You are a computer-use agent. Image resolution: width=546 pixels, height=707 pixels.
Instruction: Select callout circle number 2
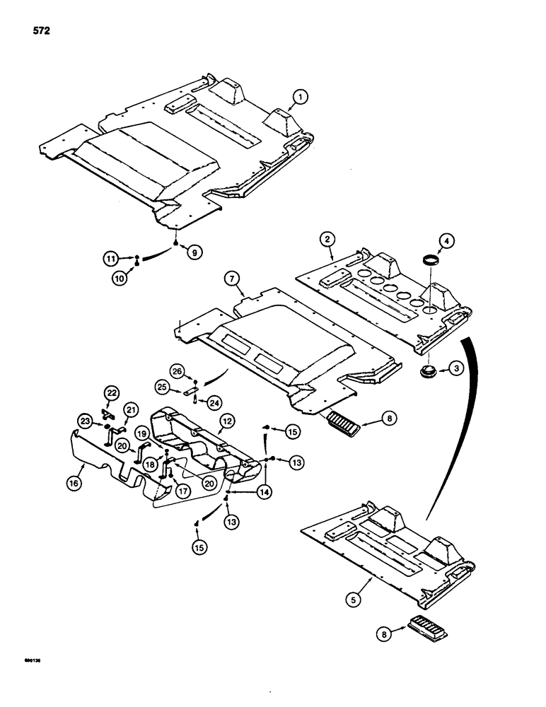(327, 240)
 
